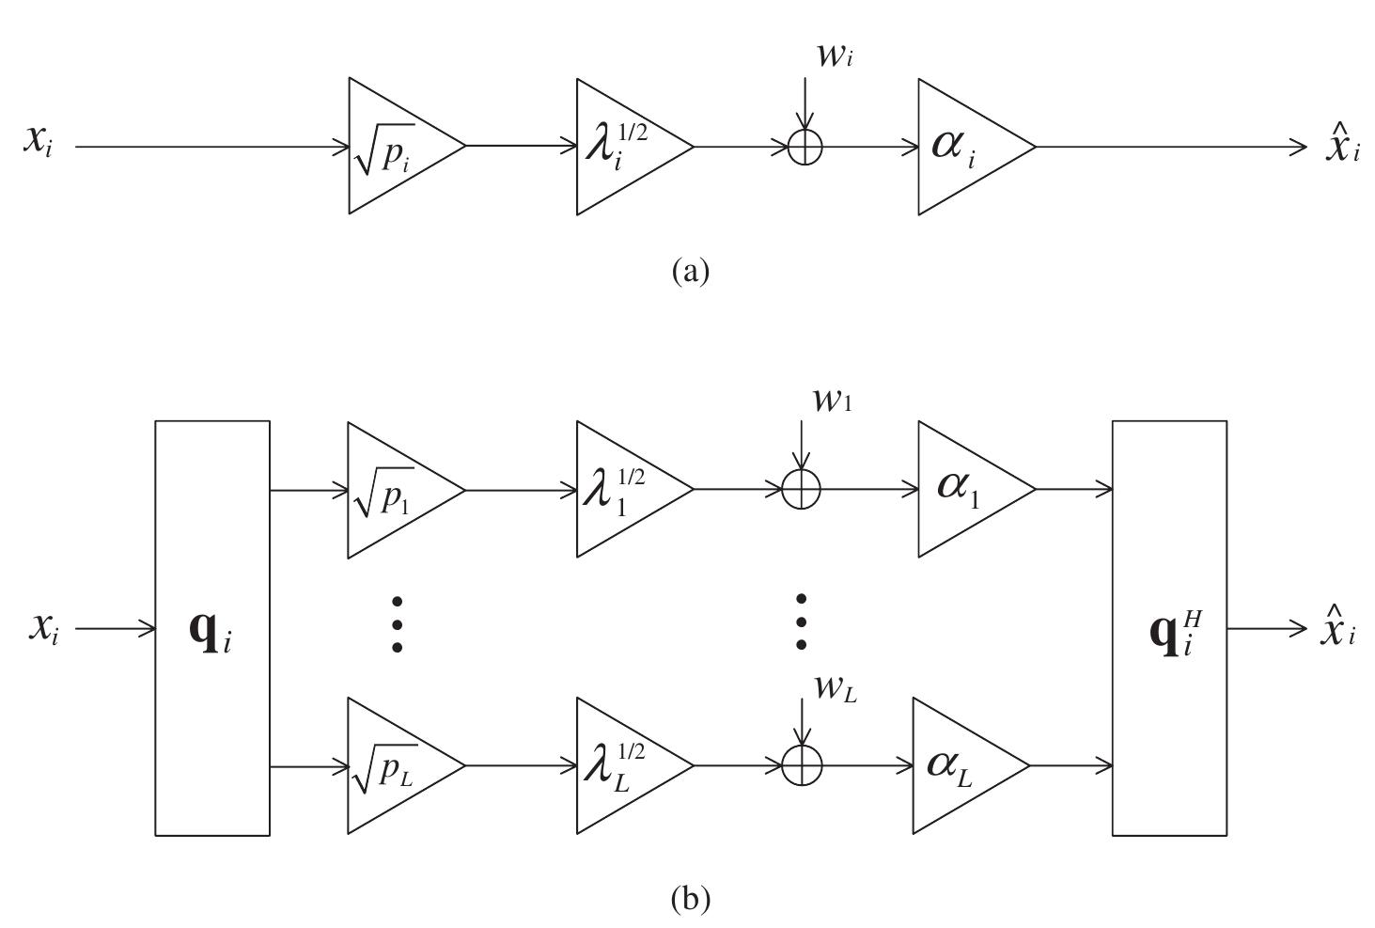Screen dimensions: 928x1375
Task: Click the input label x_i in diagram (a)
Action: point(39,143)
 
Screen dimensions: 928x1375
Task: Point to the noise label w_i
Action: point(835,55)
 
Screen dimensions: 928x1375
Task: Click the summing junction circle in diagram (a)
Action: point(805,147)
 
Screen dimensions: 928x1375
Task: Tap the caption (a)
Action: point(691,271)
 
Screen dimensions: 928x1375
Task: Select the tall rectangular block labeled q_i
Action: point(212,628)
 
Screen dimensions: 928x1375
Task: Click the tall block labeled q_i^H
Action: point(1169,628)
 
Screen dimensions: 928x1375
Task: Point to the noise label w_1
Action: point(833,401)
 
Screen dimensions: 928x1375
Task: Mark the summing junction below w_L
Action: point(802,766)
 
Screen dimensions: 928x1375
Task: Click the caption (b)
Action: point(691,900)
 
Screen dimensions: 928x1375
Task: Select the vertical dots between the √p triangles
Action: point(397,623)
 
